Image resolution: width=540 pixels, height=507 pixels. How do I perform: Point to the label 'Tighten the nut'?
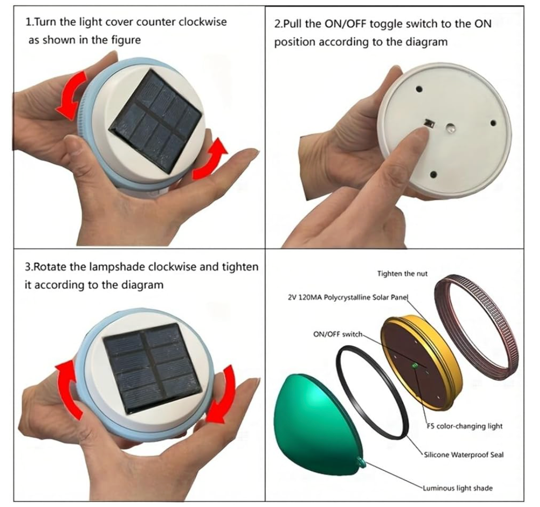[x=402, y=274]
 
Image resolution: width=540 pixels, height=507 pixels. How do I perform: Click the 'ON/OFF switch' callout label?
[x=338, y=334]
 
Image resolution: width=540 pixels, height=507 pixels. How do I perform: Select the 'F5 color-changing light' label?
[x=464, y=426]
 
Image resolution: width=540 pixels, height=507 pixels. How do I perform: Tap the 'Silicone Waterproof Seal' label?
[x=463, y=455]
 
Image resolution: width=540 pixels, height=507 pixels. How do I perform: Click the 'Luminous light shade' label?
[x=458, y=488]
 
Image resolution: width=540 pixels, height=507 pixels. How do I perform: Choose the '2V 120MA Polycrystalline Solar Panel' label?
[x=348, y=297]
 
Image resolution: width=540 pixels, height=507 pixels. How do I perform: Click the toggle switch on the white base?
[x=429, y=123]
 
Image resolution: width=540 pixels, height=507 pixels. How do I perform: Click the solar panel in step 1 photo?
[x=155, y=121]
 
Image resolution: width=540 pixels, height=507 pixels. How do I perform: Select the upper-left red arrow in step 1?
[x=71, y=95]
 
